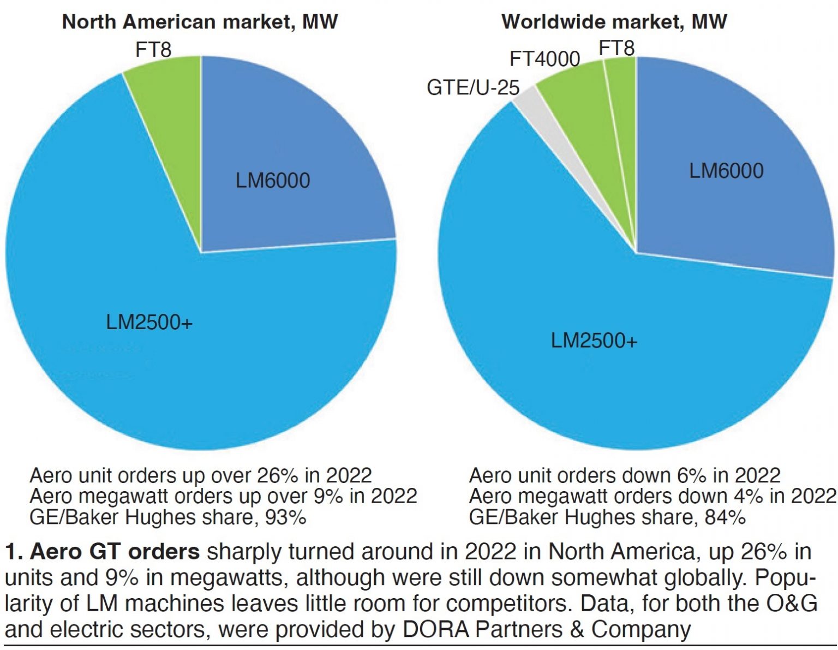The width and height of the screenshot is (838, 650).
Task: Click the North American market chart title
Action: [200, 22]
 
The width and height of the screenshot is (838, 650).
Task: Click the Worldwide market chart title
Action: [614, 22]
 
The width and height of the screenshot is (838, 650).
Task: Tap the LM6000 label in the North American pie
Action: [272, 181]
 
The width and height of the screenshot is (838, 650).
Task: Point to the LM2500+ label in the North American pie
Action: [149, 323]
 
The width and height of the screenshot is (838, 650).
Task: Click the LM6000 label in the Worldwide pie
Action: [726, 171]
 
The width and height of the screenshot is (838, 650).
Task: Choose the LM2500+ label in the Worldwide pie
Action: [594, 341]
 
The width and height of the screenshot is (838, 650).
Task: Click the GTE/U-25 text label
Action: [472, 88]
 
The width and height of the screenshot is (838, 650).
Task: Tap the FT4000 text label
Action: [544, 59]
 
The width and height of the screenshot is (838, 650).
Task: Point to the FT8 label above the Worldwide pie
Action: [616, 49]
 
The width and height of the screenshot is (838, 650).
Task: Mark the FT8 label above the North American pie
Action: [153, 50]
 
